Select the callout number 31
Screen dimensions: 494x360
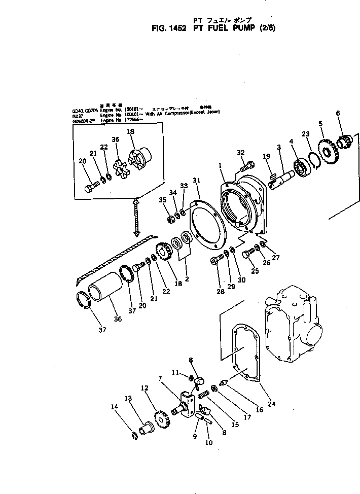pyautogui.click(x=197, y=180)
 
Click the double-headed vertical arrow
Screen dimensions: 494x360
pyautogui.click(x=136, y=217)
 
